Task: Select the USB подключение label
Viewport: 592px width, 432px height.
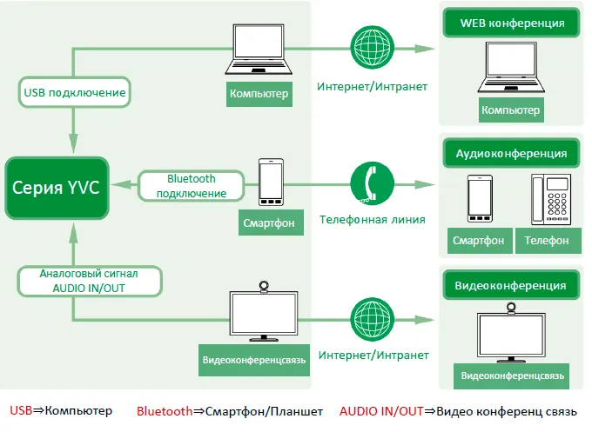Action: tap(74, 92)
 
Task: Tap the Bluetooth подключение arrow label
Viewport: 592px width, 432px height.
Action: tap(191, 185)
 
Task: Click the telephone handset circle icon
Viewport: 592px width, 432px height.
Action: tap(372, 183)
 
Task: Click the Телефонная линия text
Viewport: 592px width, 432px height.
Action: tap(372, 220)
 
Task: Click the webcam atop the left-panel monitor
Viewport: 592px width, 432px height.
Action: tap(263, 287)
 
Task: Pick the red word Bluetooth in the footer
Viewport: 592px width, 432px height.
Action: tap(166, 411)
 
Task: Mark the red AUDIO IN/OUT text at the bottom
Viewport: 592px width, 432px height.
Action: tap(381, 411)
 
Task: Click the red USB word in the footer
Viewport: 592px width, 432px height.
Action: tap(22, 411)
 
